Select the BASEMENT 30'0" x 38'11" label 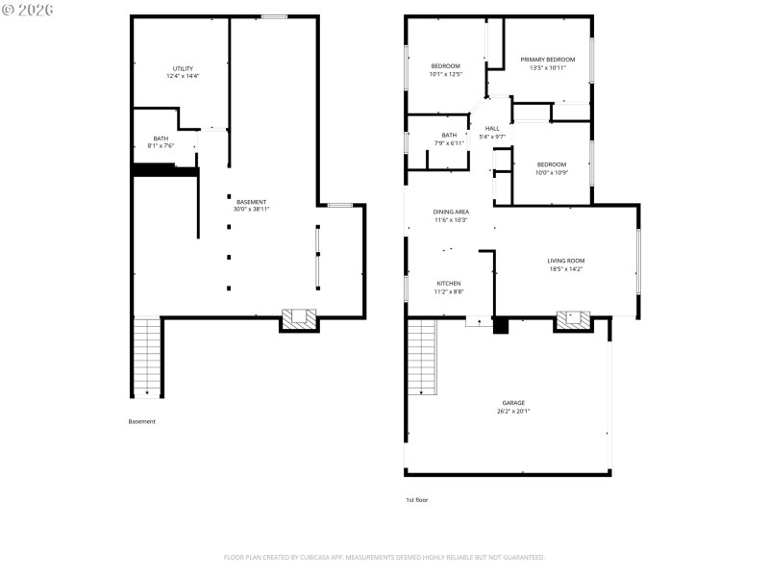pos(251,205)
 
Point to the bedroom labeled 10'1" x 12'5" pos(445,69)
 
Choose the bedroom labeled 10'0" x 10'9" pos(552,167)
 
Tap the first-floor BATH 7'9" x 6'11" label pos(449,138)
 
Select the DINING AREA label pos(451,215)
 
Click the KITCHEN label pos(449,287)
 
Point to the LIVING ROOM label pos(566,264)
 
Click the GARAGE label pos(513,406)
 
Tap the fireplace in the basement pos(299,318)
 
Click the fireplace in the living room pos(575,318)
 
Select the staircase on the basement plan pos(146,356)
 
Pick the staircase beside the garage pos(421,356)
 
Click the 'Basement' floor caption pos(141,421)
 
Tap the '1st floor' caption pos(417,500)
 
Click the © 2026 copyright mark pos(28,10)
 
